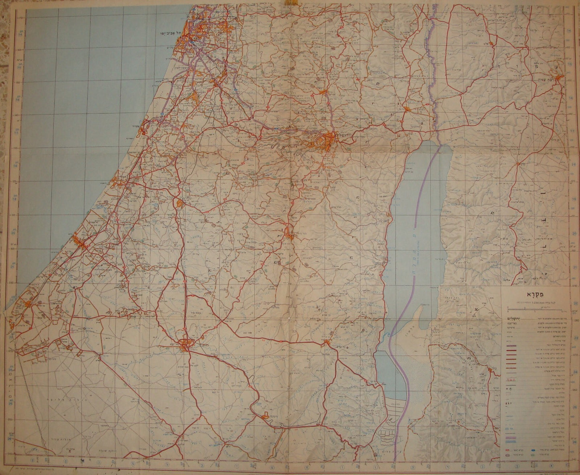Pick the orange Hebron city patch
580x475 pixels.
pyautogui.click(x=289, y=234)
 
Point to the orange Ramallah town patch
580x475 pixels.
pyautogui.click(x=322, y=92)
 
